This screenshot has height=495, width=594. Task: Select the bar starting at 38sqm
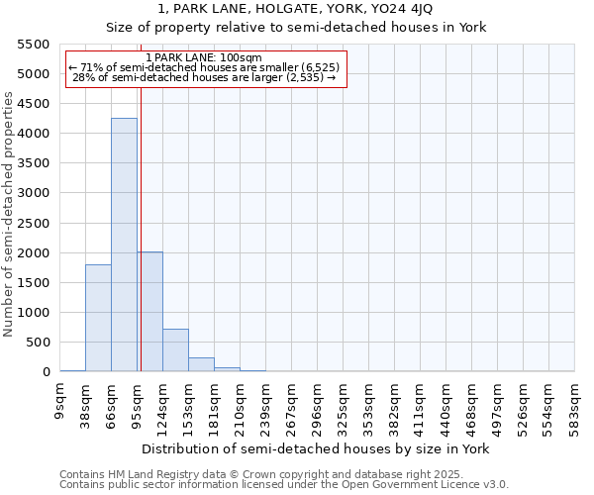98,318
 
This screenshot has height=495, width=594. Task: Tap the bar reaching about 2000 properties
149,312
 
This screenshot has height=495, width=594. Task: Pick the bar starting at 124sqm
175,350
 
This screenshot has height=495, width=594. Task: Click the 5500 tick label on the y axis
33,45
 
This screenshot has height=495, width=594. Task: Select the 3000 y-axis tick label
33,193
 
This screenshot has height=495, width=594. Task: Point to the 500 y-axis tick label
37,343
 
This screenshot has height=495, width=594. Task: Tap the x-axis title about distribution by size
317,448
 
